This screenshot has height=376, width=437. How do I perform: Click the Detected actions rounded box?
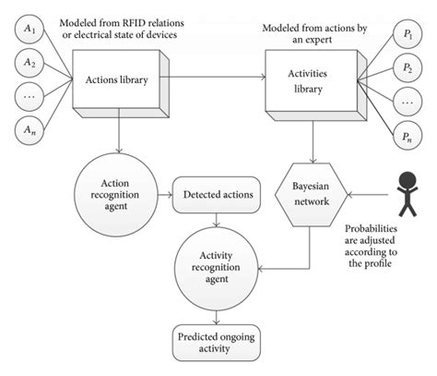[215, 195]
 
